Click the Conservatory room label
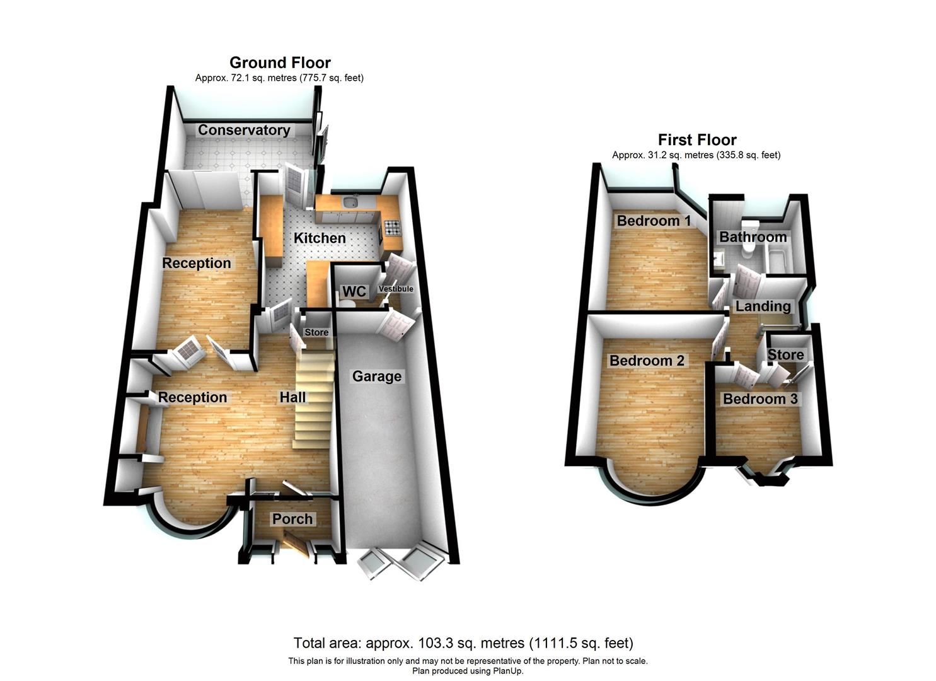[x=244, y=130]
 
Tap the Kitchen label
[x=320, y=238]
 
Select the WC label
[x=354, y=291]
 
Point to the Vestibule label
[x=396, y=289]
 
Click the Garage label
[x=376, y=376]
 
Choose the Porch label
[x=292, y=519]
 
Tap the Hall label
[x=293, y=397]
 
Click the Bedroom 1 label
[x=654, y=221]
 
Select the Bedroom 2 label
[x=647, y=361]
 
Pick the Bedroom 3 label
[x=760, y=399]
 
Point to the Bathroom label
[x=753, y=237]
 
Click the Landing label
[x=763, y=306]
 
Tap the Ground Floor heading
[x=280, y=62]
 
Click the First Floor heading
[x=697, y=139]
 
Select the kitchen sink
[x=350, y=203]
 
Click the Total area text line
[x=463, y=643]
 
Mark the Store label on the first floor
[x=785, y=354]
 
